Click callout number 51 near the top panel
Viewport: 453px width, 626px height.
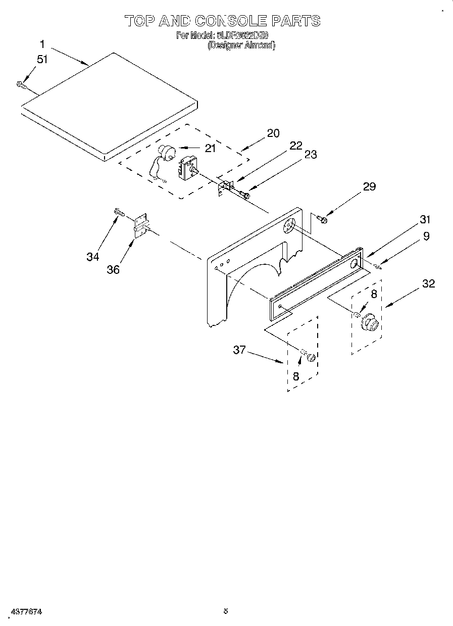coord(42,59)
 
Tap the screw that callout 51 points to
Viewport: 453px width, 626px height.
coord(21,85)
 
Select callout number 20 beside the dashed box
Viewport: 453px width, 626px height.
coord(273,133)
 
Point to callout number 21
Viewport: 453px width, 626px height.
coord(210,149)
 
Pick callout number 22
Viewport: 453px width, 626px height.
coord(296,146)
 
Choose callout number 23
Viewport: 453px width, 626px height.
coord(311,155)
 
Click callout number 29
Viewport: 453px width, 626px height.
coord(370,186)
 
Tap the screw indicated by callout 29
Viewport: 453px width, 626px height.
coord(322,219)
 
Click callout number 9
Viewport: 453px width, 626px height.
coord(426,235)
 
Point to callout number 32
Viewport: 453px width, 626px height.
coord(428,283)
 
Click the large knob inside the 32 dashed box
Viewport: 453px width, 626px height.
coord(371,323)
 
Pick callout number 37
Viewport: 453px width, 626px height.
coord(239,349)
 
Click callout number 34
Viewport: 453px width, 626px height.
coord(92,257)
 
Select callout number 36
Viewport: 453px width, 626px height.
coord(113,269)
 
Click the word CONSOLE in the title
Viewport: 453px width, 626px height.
coord(231,21)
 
